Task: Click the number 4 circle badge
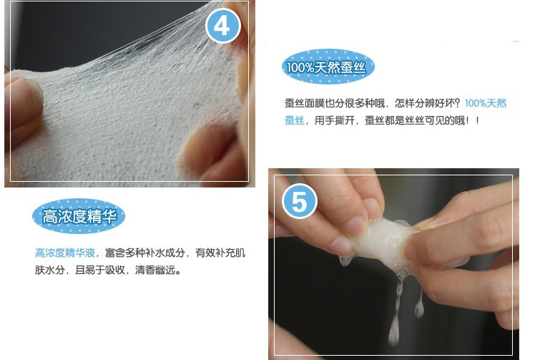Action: coord(223,26)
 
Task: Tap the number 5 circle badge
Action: coord(299,201)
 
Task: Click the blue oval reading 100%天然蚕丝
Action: coord(328,67)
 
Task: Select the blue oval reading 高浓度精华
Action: coord(79,216)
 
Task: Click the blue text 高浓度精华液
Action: coord(65,253)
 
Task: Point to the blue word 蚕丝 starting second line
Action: coord(295,120)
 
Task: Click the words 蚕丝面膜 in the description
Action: coord(304,103)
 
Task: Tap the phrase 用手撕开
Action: coord(335,120)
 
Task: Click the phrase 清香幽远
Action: coord(155,270)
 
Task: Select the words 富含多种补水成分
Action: coord(144,253)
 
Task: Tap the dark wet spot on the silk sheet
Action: coord(197,105)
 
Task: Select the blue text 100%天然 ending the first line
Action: coord(486,103)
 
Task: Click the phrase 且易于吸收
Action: coord(99,270)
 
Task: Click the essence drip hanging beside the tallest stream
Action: coord(419,303)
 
